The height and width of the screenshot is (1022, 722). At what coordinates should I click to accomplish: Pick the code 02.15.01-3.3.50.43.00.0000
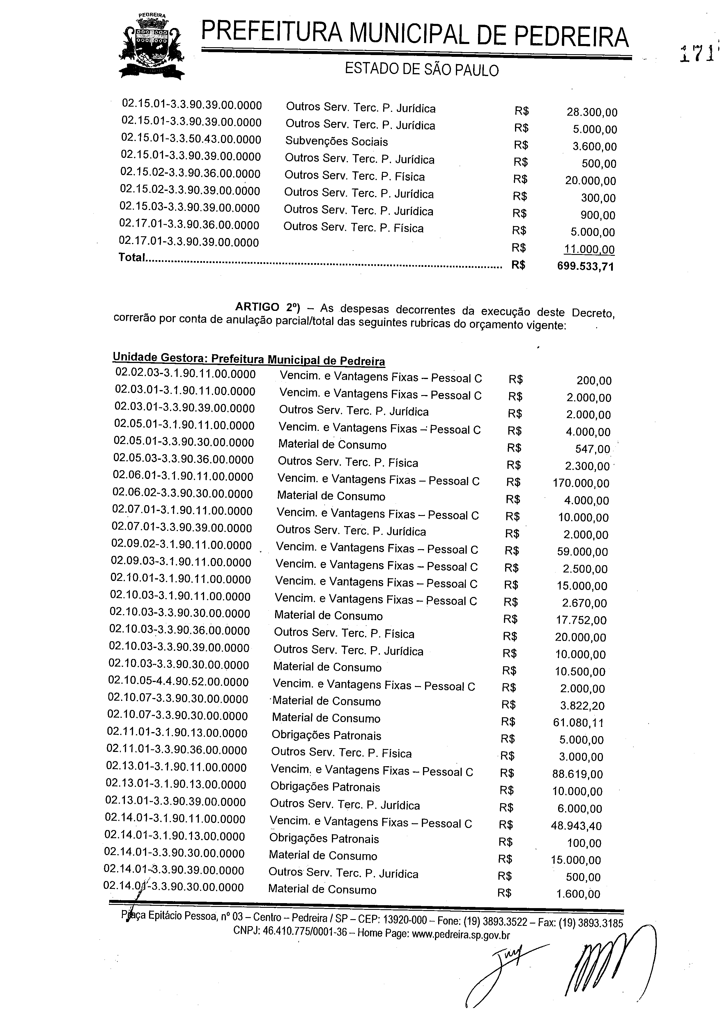tap(191, 140)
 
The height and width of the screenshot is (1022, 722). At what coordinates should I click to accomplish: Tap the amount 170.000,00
tap(581, 483)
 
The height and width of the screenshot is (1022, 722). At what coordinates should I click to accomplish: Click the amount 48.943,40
tap(576, 826)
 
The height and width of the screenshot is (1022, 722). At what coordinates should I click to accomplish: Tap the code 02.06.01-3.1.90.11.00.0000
tap(183, 477)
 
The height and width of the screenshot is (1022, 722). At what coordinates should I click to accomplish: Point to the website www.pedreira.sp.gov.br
tap(459, 934)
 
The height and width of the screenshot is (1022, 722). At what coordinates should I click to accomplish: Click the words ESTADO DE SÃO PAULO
tap(421, 70)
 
